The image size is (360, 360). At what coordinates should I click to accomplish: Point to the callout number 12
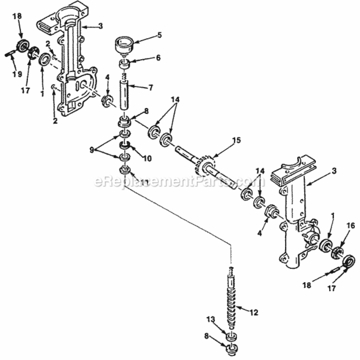[254, 312]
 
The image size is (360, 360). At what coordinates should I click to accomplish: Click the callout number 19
[17, 73]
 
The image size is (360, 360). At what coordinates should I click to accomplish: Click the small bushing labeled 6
[124, 64]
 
